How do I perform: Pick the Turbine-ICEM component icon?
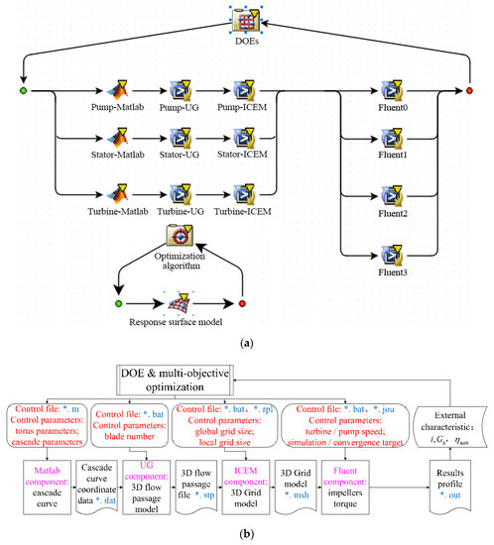[242, 183]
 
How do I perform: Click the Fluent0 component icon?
[392, 91]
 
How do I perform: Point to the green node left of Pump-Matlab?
[22, 92]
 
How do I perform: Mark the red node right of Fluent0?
[470, 92]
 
